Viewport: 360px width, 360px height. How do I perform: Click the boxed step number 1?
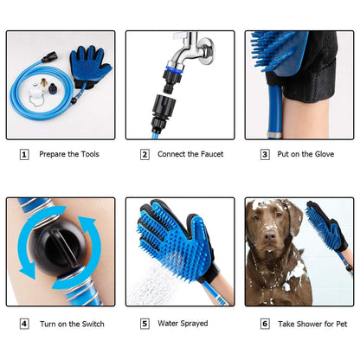point(24,155)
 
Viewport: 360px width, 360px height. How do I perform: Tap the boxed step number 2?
point(145,155)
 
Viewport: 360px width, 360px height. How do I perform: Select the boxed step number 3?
point(265,155)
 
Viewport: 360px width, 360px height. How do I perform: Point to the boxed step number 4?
point(24,324)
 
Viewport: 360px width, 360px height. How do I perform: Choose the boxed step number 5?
point(145,324)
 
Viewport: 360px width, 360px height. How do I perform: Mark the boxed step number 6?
point(265,324)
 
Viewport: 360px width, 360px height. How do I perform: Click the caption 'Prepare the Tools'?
point(69,155)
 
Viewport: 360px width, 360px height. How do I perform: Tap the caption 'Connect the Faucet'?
point(190,155)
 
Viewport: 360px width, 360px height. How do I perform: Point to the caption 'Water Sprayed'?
point(182,324)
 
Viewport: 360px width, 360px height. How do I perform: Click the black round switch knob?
point(59,251)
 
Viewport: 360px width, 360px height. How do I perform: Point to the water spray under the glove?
point(160,281)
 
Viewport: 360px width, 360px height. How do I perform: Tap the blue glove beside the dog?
point(327,229)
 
